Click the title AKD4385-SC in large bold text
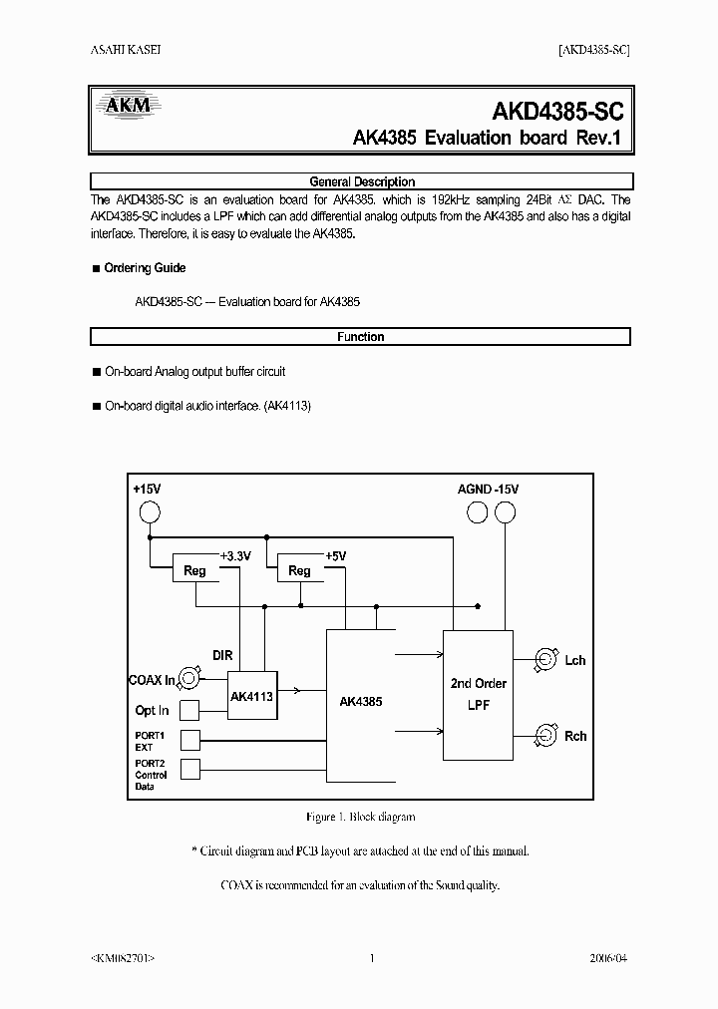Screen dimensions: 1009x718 (x=557, y=111)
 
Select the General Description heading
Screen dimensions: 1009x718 (x=361, y=181)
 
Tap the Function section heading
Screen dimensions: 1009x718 (x=361, y=337)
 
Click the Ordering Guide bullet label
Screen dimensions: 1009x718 (x=145, y=268)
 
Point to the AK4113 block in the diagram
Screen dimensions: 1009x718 (x=251, y=696)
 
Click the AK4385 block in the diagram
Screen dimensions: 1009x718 (x=360, y=701)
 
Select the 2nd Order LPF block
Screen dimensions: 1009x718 (x=479, y=693)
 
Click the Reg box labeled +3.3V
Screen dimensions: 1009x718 (x=195, y=570)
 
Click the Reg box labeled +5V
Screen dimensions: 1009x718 (x=299, y=570)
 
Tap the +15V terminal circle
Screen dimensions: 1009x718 (x=149, y=512)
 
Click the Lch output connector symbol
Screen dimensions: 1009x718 (x=544, y=659)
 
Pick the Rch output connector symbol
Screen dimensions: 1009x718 (x=544, y=736)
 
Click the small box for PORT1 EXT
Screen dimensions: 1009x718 (x=189, y=740)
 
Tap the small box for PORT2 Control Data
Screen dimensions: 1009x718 (x=189, y=769)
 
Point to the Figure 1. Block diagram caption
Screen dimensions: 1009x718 (x=360, y=817)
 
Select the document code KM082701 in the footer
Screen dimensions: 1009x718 (x=122, y=958)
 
